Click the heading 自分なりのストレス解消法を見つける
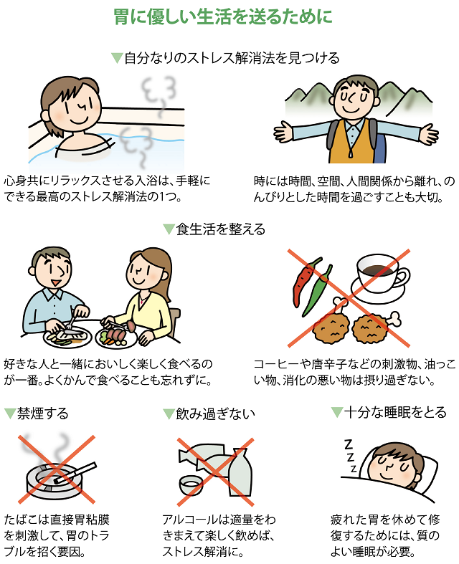tap(231, 57)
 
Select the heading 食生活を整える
tap(220, 229)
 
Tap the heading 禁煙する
tap(42, 414)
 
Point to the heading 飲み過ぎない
tap(214, 414)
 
